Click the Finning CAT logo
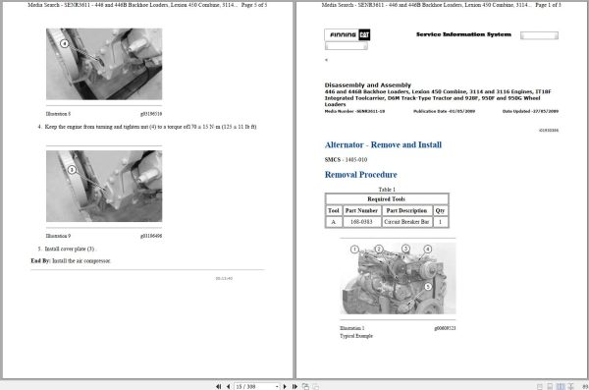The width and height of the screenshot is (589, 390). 348,35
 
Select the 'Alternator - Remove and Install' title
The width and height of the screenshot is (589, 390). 389,143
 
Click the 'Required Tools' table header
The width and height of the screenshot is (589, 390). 386,197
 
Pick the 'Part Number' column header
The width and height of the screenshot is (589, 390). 361,210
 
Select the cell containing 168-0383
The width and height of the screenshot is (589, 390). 361,223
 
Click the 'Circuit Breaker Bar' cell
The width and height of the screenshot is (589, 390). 405,223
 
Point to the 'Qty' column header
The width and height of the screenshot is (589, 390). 439,210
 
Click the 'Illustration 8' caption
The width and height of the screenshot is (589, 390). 58,115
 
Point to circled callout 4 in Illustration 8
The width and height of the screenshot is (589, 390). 64,44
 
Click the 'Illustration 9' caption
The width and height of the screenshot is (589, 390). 58,236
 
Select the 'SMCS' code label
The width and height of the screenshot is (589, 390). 334,159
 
